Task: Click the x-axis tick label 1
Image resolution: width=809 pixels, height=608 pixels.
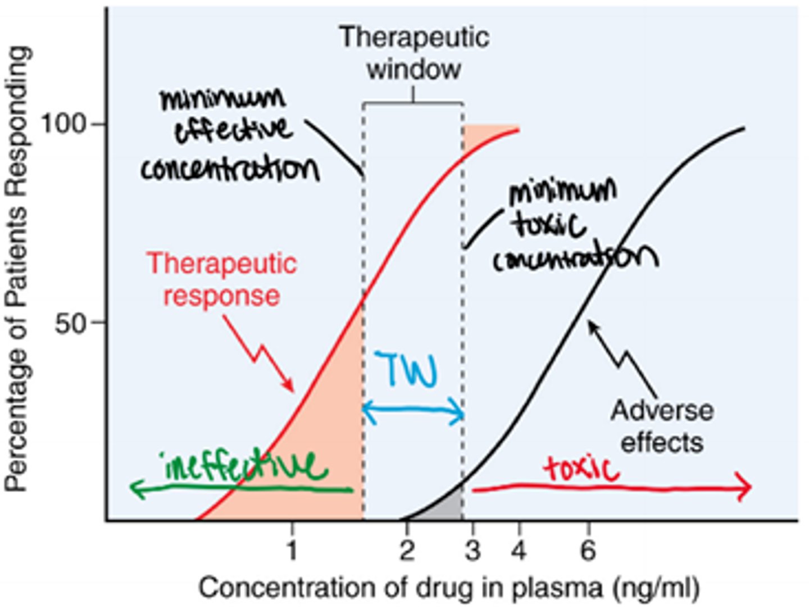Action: [x=292, y=550]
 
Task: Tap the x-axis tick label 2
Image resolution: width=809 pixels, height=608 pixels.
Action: [x=407, y=550]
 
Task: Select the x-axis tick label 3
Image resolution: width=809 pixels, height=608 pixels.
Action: [x=472, y=550]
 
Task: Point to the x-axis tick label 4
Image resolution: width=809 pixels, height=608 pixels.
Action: [x=519, y=550]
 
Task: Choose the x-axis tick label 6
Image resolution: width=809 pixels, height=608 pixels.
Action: [x=588, y=550]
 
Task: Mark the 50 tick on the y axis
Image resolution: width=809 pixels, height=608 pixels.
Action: [x=72, y=323]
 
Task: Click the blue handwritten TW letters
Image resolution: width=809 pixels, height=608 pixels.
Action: [x=408, y=370]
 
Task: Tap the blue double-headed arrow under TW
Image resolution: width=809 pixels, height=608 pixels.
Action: [x=413, y=411]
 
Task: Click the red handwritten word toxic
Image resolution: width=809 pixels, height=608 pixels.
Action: [x=581, y=468]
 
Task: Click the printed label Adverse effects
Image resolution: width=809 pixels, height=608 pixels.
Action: [x=662, y=426]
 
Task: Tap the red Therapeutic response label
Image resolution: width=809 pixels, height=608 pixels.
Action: [x=221, y=279]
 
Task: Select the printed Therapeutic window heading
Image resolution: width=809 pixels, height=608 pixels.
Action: [x=414, y=53]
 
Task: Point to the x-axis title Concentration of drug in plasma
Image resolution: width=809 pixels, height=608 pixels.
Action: [x=449, y=588]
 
